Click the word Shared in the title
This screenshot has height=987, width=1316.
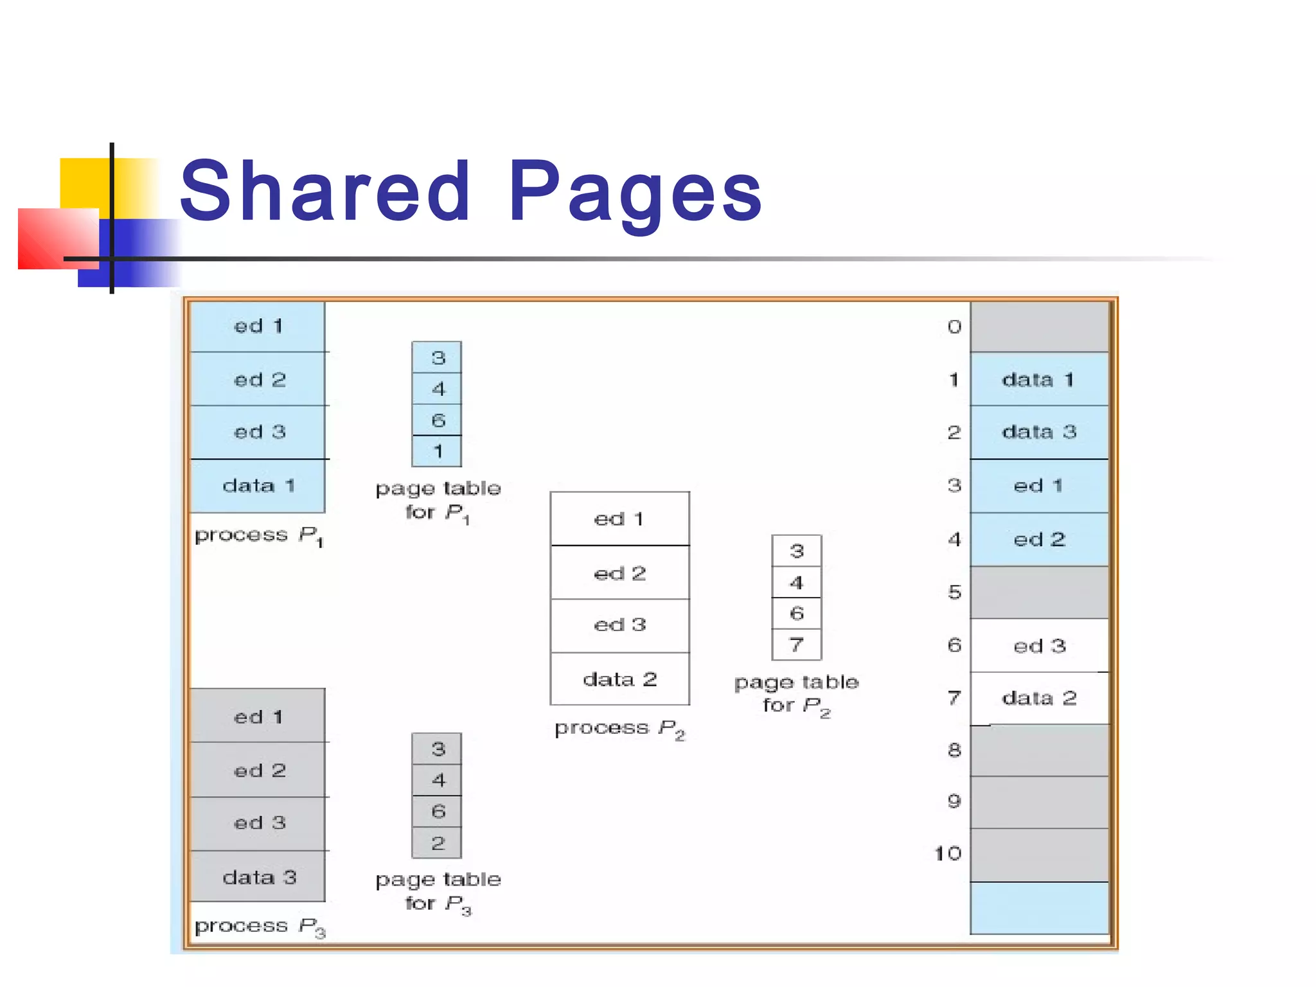tap(325, 191)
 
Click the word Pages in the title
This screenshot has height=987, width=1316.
tap(635, 192)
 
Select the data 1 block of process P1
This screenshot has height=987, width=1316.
tap(258, 486)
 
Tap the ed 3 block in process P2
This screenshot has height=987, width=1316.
tap(619, 625)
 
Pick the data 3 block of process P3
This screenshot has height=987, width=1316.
tap(258, 877)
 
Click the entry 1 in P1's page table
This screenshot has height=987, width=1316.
tap(437, 451)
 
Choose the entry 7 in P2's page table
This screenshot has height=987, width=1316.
tap(796, 645)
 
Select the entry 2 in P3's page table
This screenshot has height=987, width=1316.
tap(437, 843)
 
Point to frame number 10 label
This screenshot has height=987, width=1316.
tap(948, 853)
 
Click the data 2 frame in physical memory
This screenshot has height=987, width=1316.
tap(1039, 698)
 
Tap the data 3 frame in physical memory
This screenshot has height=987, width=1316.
tap(1039, 432)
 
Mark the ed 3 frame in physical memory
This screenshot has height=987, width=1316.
tap(1039, 646)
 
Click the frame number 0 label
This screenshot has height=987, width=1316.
tap(954, 327)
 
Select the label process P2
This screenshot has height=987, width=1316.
tap(619, 729)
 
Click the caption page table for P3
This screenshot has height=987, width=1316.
tap(438, 891)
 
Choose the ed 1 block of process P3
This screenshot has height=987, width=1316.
tap(258, 716)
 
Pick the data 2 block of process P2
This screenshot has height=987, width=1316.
tap(619, 679)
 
